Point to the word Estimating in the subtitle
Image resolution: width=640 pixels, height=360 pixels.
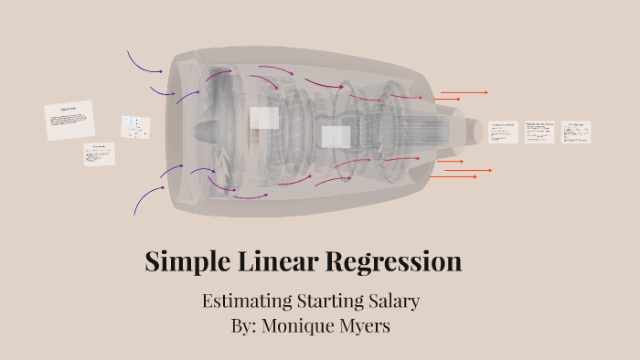[x=244, y=301]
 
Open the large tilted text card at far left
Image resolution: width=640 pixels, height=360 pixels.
[x=69, y=121]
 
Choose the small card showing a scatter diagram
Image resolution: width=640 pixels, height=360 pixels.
[x=135, y=127]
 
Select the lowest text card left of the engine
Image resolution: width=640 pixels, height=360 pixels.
[x=100, y=154]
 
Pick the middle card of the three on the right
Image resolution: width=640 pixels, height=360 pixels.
[x=539, y=132]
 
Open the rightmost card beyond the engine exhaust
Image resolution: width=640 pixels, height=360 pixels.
[x=576, y=132]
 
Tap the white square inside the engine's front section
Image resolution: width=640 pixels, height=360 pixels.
[x=264, y=118]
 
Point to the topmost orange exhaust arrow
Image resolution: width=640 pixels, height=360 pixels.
[x=464, y=92]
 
